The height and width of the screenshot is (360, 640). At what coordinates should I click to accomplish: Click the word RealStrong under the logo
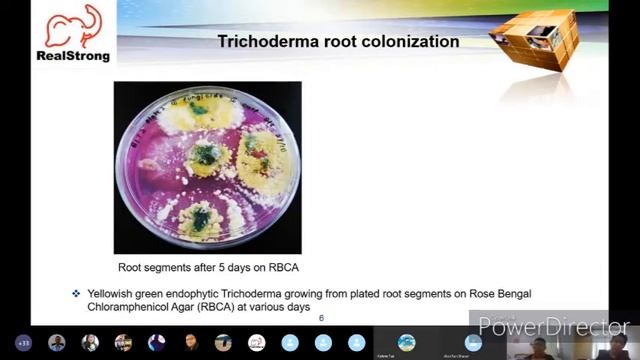coord(73,56)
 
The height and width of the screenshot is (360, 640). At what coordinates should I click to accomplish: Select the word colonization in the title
coord(408,42)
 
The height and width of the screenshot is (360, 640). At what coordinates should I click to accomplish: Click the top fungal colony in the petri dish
coord(206,108)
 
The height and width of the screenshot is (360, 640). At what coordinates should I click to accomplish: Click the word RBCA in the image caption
coord(281,268)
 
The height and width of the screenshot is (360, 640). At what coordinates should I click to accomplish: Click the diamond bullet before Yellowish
coord(76,293)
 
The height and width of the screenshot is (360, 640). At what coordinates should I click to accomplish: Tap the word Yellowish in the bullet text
coord(113,293)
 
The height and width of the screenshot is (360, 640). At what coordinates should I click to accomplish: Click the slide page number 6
coord(321,318)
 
